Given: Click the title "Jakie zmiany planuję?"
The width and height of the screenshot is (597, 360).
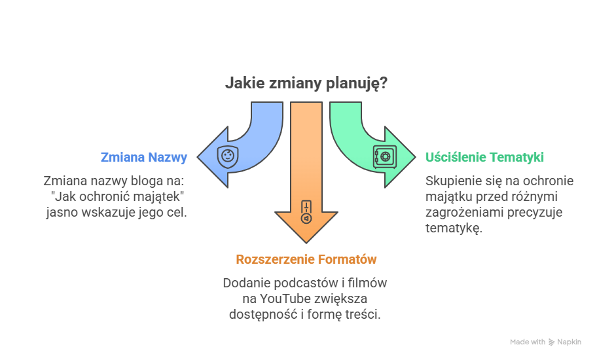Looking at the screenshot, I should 306,84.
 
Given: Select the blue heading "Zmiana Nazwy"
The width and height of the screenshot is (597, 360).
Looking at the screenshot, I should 144,157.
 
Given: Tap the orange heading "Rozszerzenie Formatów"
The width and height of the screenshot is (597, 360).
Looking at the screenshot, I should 306,259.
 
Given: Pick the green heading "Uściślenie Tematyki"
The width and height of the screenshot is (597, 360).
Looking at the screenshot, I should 484,157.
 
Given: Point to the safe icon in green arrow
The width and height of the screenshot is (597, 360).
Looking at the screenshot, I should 384,156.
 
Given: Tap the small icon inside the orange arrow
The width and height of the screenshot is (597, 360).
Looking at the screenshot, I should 306,213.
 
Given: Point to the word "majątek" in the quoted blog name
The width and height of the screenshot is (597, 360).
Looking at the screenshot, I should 162,196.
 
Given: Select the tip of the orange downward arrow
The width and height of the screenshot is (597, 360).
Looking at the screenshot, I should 306,242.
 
